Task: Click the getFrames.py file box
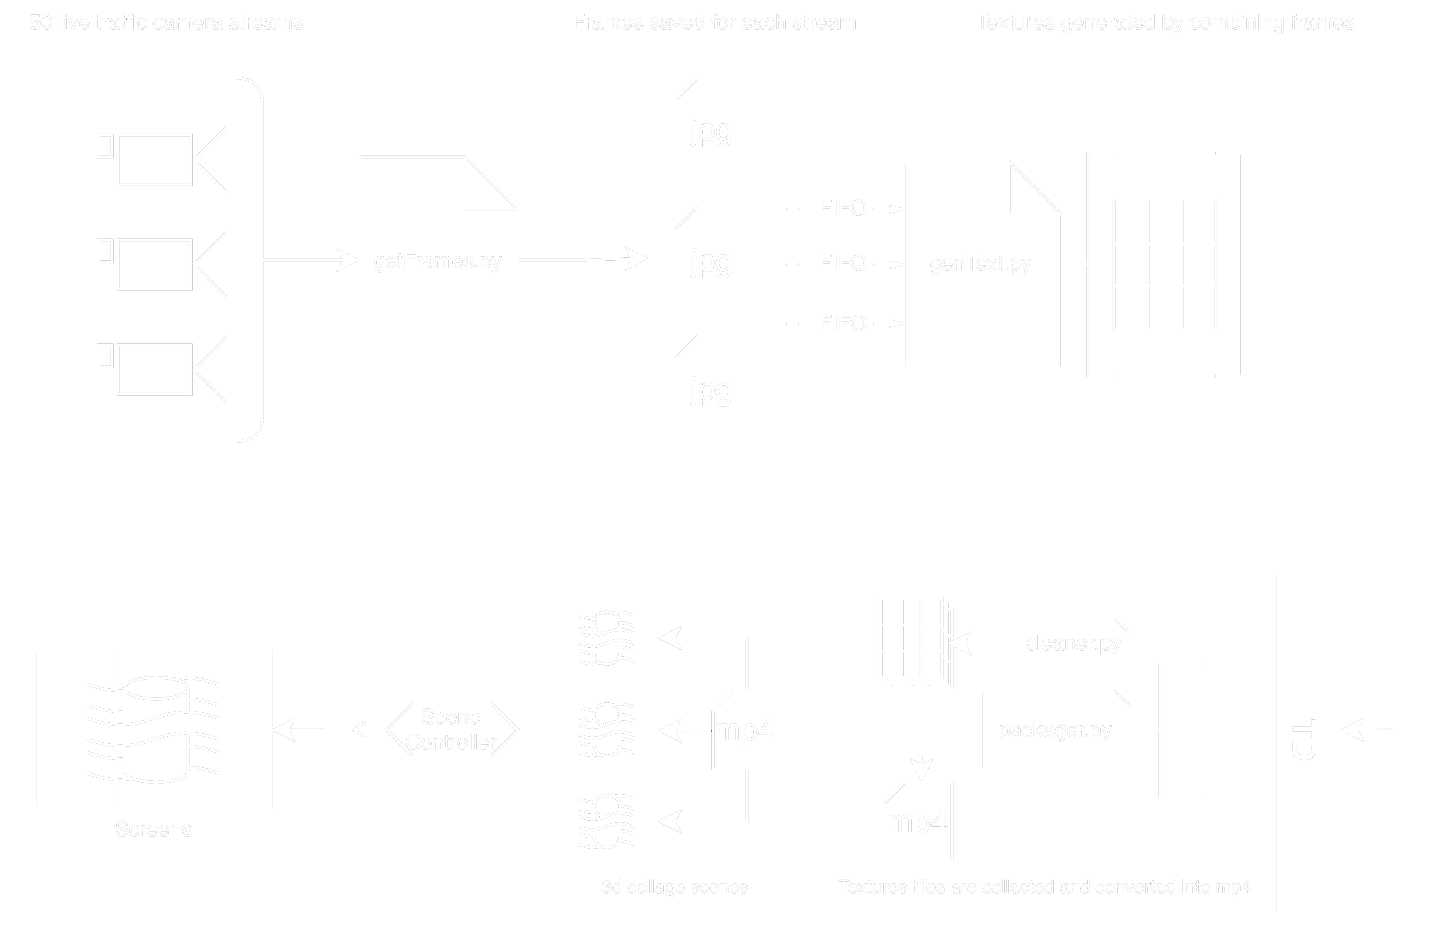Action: point(439,260)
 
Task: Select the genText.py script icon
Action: point(982,264)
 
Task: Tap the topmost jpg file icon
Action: point(714,131)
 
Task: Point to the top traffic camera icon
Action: point(166,160)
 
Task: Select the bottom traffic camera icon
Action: point(166,369)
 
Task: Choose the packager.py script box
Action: point(1054,730)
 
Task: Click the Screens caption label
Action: point(153,829)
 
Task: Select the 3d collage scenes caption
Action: point(674,887)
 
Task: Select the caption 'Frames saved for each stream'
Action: point(714,22)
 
